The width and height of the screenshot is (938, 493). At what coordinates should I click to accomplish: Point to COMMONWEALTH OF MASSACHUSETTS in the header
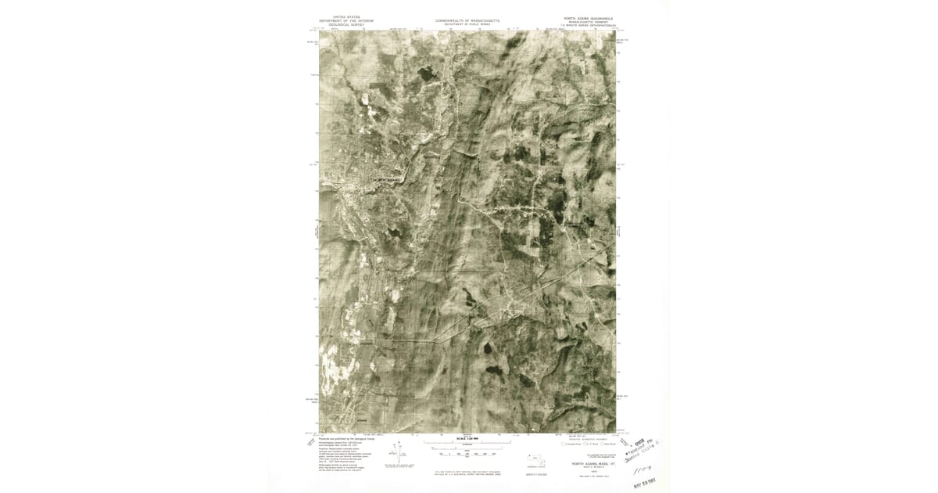[x=467, y=20]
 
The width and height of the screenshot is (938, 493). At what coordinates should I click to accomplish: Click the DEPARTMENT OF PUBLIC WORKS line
[x=467, y=24]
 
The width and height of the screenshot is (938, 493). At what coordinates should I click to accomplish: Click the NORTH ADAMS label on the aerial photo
[x=386, y=180]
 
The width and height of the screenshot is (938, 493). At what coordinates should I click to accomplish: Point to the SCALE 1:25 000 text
[x=467, y=439]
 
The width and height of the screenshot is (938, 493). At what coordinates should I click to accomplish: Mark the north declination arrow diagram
[x=399, y=453]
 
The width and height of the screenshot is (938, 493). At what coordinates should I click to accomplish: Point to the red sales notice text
[x=467, y=473]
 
